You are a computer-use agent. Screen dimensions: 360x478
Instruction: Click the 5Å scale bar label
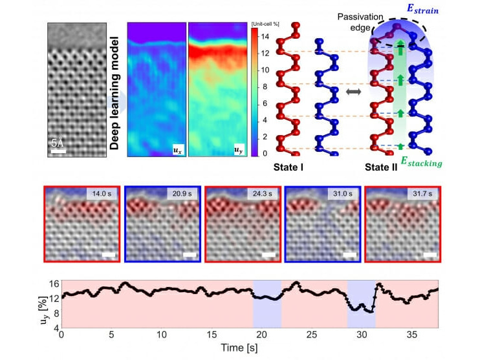point(58,145)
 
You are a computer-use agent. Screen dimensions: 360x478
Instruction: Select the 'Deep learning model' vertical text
point(114,94)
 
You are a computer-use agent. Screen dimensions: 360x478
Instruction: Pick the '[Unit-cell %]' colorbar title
point(266,24)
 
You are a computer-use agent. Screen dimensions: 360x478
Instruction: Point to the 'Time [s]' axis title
point(249,349)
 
